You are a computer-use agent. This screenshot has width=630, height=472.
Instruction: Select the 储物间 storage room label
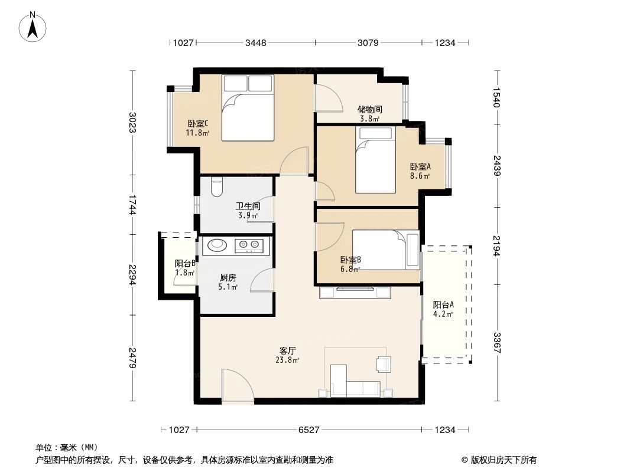(x=369, y=110)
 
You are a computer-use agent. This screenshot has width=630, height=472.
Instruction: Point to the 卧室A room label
(x=420, y=167)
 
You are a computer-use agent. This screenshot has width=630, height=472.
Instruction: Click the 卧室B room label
(x=350, y=260)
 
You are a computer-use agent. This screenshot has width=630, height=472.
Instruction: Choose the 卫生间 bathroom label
(x=248, y=207)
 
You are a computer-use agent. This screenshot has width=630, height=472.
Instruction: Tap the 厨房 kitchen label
(x=228, y=278)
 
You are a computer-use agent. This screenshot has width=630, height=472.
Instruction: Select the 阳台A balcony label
(x=443, y=305)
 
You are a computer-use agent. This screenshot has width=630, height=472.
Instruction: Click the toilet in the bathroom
(x=216, y=187)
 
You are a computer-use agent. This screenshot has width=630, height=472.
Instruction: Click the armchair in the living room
(x=384, y=364)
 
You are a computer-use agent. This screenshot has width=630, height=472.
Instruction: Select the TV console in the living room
(x=355, y=291)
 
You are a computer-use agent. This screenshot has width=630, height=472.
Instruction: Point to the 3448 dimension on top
(x=256, y=42)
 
